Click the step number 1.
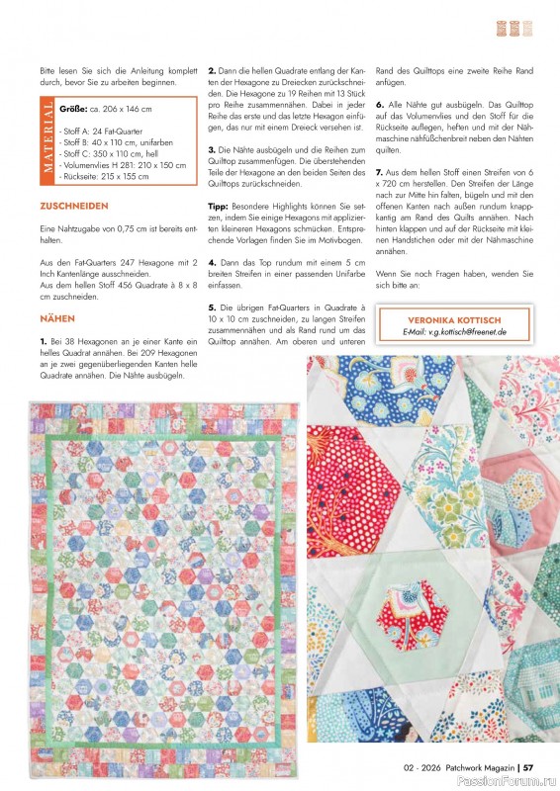point(42,340)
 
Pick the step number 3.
point(211,149)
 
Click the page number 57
point(528,763)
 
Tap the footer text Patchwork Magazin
point(478,763)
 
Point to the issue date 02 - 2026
point(420,763)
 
